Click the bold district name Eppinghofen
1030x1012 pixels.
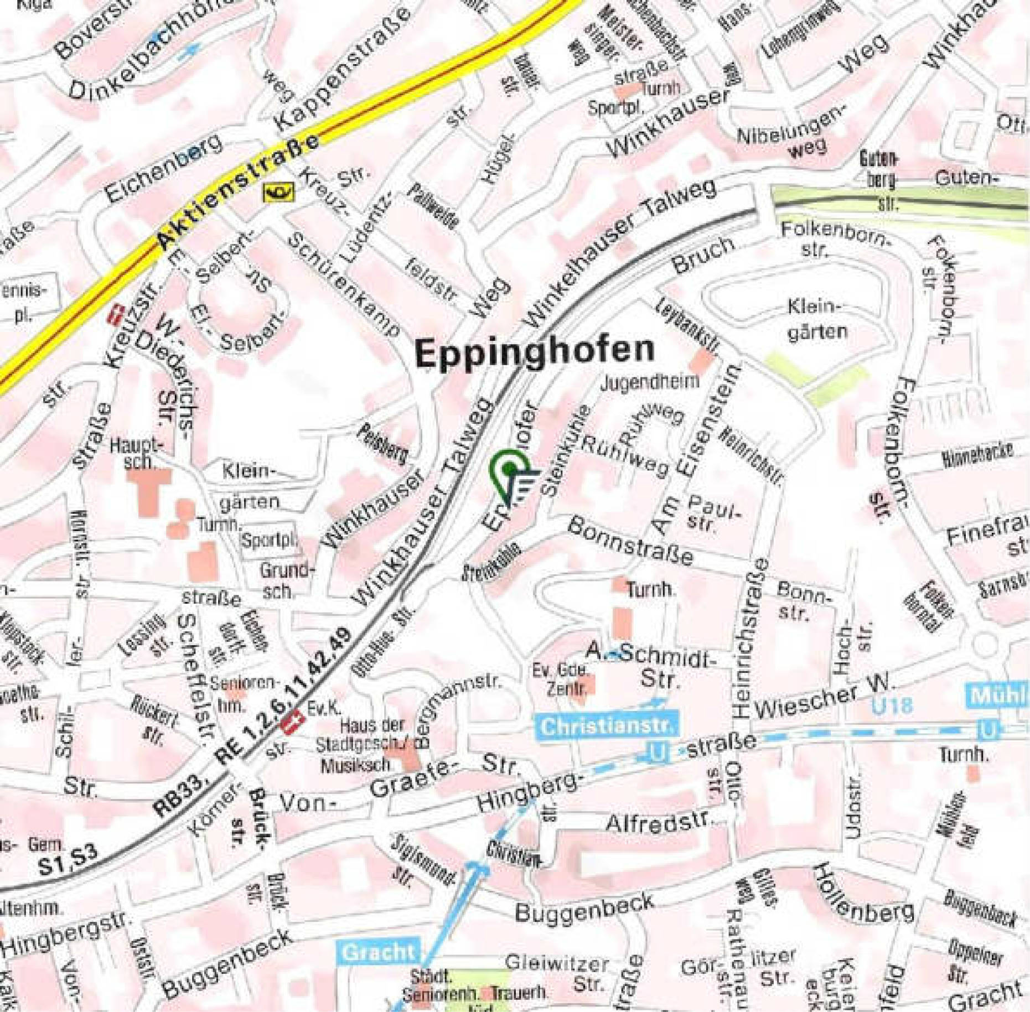(x=535, y=351)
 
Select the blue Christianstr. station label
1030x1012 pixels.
(x=606, y=726)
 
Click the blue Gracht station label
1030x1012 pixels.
(x=379, y=952)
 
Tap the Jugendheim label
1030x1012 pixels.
(x=650, y=382)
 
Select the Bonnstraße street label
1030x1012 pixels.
(x=630, y=541)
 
